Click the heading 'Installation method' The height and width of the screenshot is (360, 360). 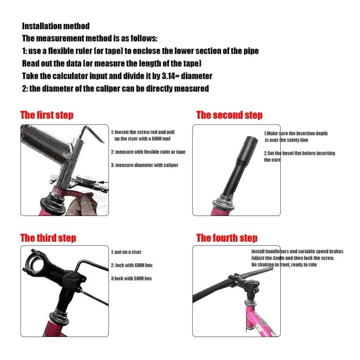56,26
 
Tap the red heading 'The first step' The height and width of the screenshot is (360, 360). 47,115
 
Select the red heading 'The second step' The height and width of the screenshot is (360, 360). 229,115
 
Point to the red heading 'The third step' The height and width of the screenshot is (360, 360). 48,238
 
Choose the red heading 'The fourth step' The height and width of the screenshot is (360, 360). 227,238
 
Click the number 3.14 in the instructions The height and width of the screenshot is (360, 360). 168,76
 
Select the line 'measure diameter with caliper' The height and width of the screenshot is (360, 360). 147,165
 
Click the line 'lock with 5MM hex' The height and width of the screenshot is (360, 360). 133,279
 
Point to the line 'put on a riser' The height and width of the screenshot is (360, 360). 128,252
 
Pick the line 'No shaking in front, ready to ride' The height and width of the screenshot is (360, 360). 284,265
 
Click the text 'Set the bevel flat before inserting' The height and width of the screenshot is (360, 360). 301,153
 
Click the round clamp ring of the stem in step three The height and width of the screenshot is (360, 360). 35,263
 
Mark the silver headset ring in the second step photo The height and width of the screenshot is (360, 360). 224,202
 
